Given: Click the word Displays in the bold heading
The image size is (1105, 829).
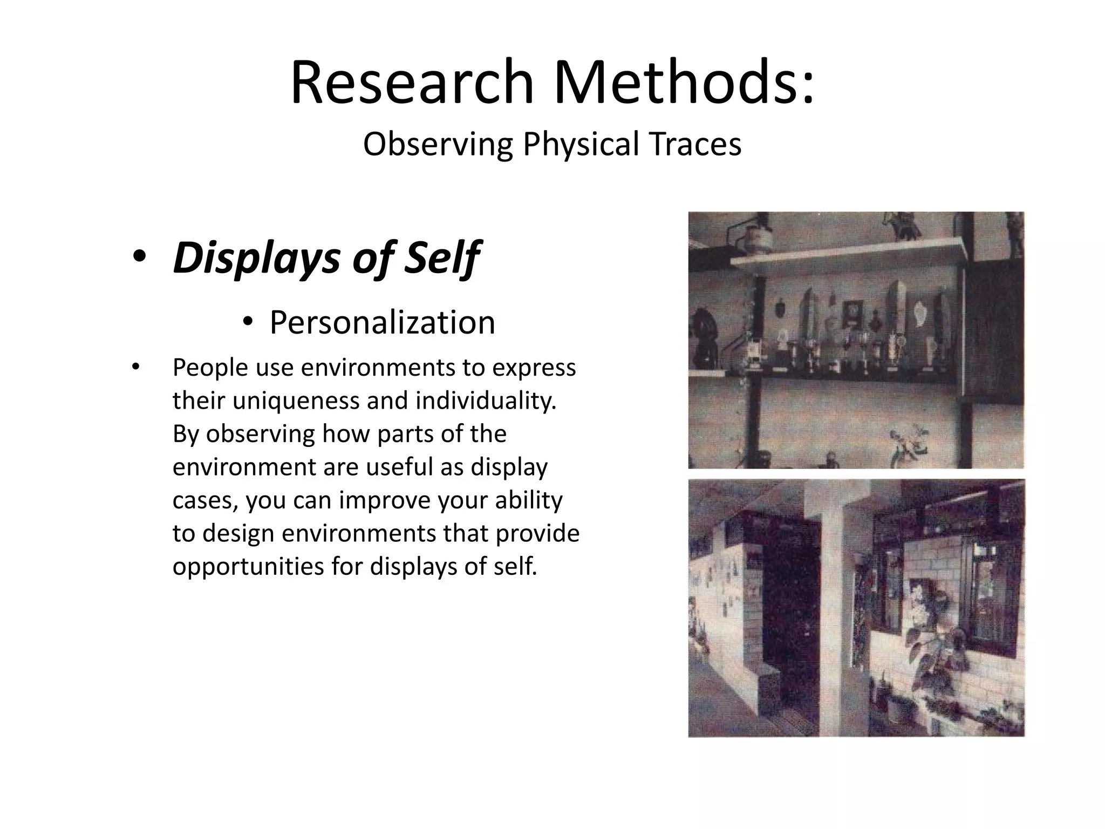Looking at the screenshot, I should point(257,258).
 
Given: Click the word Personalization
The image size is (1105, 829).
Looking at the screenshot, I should point(382,323).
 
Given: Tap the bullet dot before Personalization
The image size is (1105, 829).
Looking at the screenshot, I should point(248,322).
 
